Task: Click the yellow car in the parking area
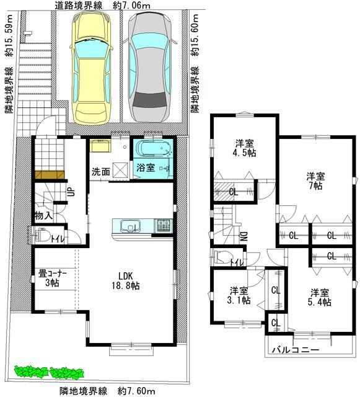91,68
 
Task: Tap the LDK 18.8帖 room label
126,281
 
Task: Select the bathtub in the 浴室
154,149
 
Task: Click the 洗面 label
100,172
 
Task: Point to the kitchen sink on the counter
130,226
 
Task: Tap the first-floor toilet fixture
42,235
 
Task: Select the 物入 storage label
43,216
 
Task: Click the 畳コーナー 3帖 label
53,279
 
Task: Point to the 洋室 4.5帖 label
245,148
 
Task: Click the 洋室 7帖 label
315,181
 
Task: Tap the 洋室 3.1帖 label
239,295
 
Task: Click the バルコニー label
295,350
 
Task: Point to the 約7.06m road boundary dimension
131,6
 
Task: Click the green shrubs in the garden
49,373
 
